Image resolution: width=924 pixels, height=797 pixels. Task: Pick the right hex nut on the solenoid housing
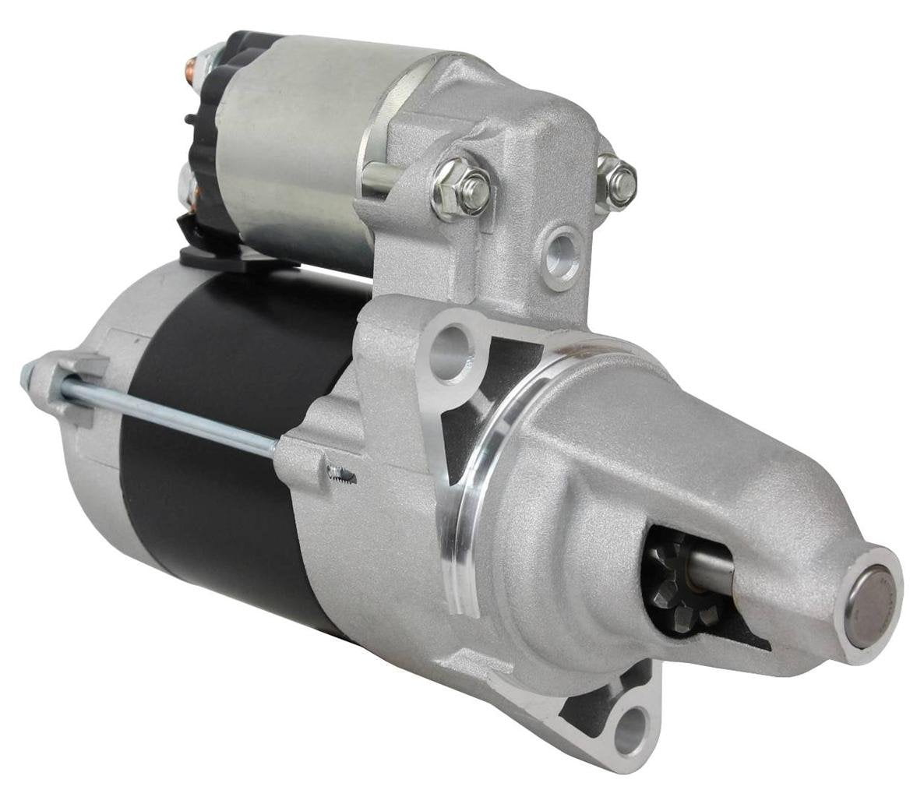pos(620,181)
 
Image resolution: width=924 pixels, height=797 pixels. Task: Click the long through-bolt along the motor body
pos(171,413)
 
